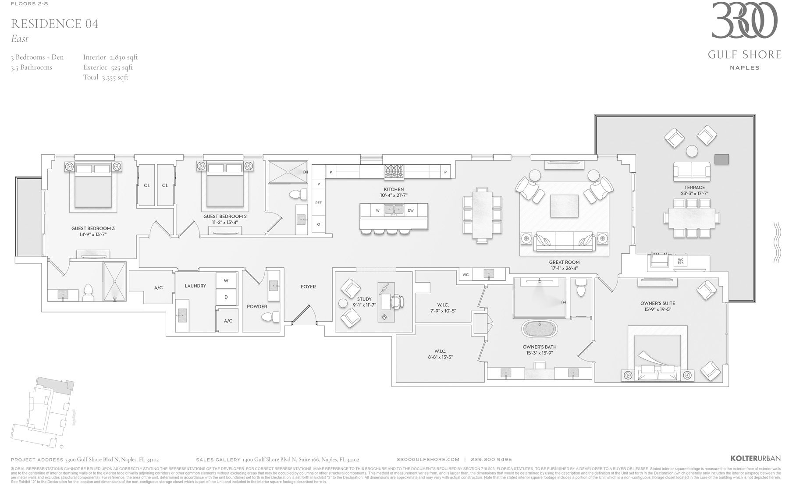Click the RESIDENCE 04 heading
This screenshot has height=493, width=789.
54,24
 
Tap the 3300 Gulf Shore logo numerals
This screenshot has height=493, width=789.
744,21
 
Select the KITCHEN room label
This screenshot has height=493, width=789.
394,189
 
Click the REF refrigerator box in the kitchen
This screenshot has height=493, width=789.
318,203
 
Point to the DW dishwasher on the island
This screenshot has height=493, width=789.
411,211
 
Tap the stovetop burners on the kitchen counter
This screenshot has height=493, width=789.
394,171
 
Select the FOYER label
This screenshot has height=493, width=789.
308,287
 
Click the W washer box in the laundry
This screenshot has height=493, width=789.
226,280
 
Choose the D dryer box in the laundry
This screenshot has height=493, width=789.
226,297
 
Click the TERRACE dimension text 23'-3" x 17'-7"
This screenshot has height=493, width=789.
694,193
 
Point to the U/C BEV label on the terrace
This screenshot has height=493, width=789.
681,260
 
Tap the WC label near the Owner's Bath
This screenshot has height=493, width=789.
466,275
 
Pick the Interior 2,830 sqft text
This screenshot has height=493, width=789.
110,57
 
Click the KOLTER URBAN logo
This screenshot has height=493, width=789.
756,458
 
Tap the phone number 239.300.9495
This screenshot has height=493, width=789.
491,460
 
